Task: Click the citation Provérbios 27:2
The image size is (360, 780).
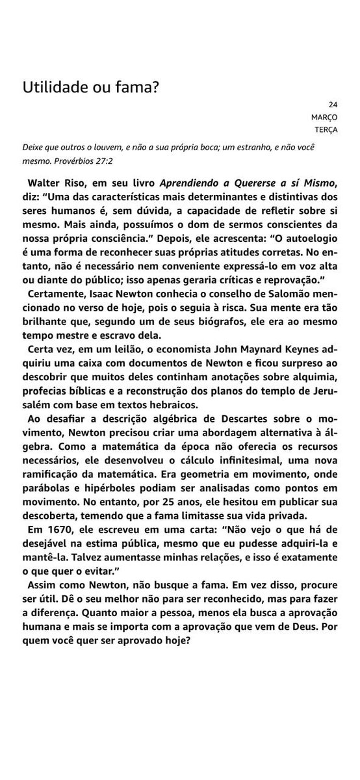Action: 86,158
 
